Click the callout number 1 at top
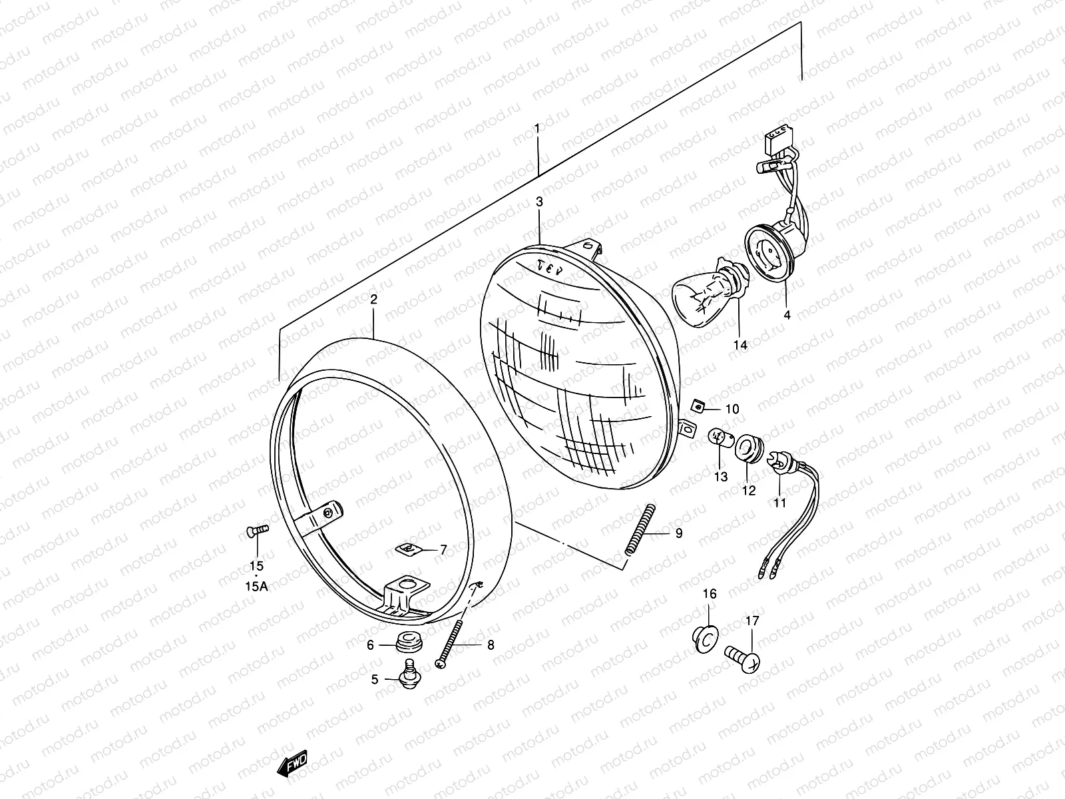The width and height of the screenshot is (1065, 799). pos(537,127)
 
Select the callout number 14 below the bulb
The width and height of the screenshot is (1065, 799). pos(740,344)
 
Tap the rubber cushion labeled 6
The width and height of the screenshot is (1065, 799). pos(404,643)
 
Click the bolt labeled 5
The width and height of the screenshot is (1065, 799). pos(407,672)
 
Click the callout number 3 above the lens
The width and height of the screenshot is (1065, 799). pos(539,201)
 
